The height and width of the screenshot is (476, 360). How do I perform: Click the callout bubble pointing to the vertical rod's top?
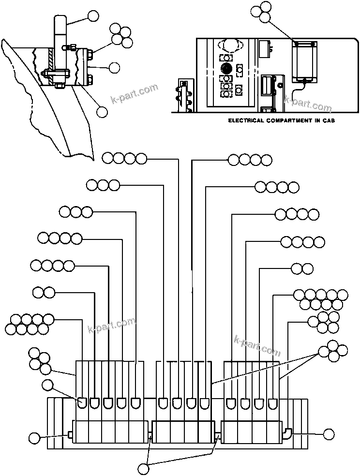93,16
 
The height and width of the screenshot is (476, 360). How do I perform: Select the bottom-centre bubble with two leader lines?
143,468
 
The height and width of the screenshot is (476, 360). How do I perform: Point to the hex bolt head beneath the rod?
60,86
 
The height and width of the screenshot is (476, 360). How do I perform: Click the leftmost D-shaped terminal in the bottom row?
82,402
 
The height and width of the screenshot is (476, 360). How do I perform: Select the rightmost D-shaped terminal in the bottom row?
273,402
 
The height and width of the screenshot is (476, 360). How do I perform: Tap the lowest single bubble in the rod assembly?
102,112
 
